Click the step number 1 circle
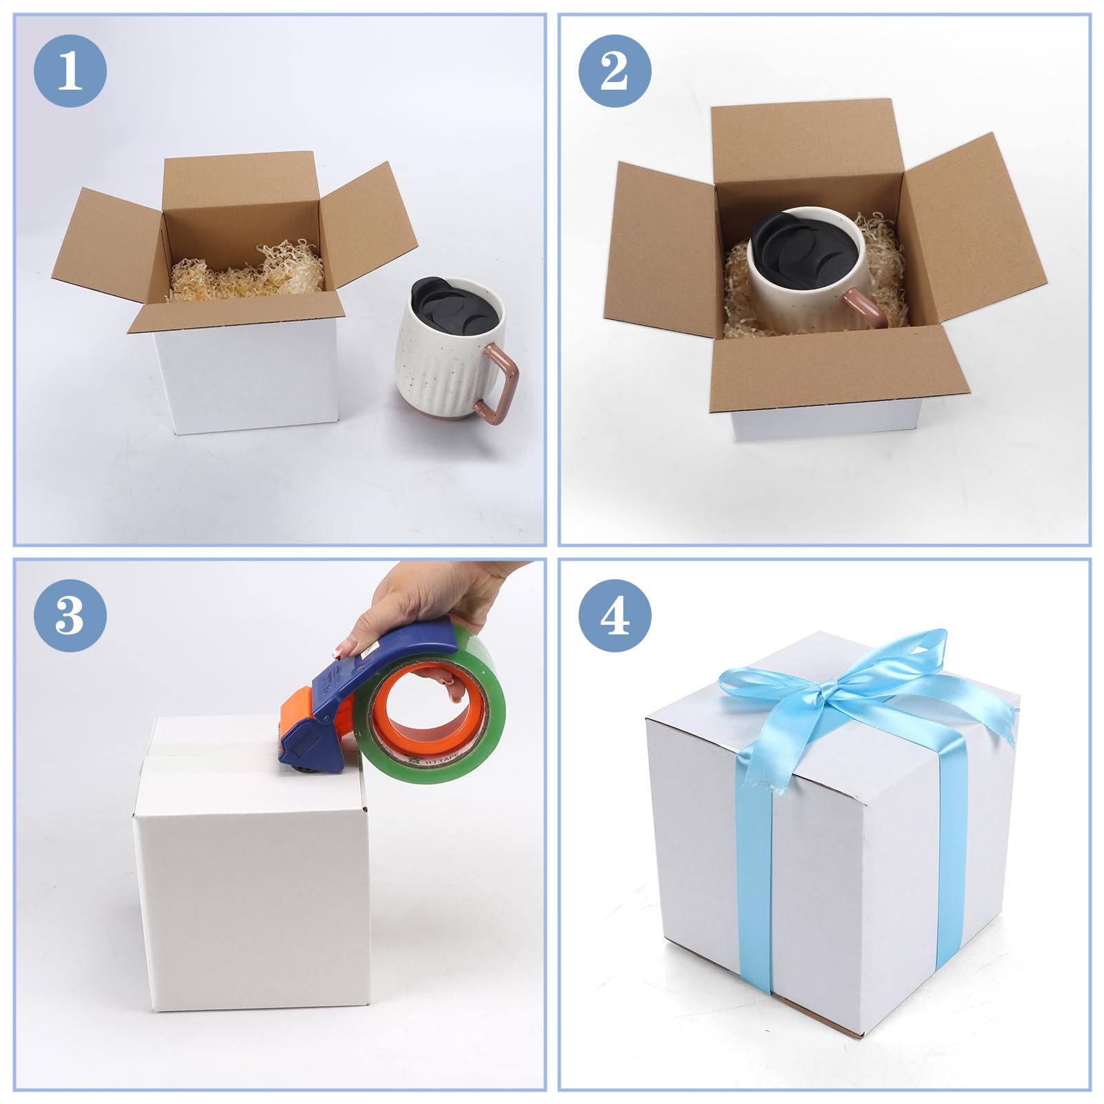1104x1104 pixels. (70, 70)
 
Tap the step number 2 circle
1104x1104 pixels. (614, 70)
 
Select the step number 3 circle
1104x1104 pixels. (70, 615)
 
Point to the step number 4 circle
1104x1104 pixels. (614, 615)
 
